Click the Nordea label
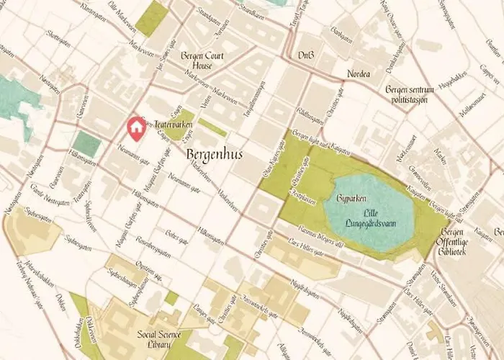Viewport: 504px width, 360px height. [x=358, y=74]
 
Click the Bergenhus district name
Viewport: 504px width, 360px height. [x=214, y=155]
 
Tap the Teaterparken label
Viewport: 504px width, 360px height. [x=170, y=125]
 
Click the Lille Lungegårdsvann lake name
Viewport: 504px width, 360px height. [x=368, y=217]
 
